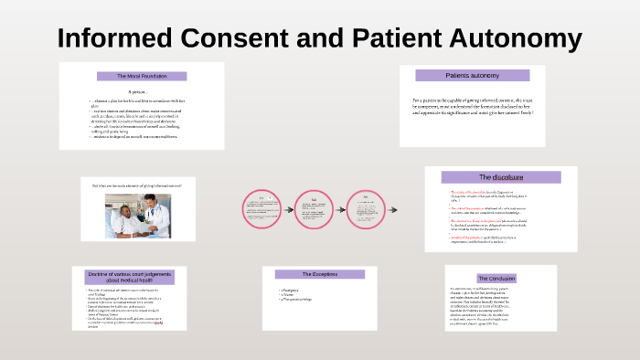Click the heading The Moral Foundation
(142, 76)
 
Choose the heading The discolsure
(500, 176)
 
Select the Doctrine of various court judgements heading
(129, 277)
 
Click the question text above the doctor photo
(137, 185)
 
